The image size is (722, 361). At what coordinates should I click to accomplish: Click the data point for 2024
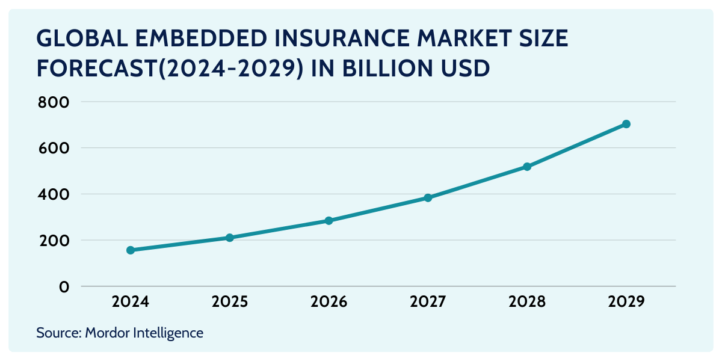[131, 250]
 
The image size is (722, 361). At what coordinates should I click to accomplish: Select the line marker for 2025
[229, 238]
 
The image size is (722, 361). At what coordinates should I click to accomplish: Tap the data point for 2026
[329, 221]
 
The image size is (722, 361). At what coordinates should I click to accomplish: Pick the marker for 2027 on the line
[428, 198]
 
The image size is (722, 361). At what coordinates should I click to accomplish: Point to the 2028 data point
[527, 167]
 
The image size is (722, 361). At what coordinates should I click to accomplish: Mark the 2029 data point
[626, 124]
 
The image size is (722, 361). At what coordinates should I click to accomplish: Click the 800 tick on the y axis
[54, 102]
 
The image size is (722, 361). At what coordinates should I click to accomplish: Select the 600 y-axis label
[54, 149]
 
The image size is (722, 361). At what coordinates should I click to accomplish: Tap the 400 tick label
[54, 195]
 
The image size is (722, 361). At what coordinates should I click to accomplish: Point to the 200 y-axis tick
[54, 241]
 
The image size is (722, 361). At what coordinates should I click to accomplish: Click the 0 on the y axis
[64, 287]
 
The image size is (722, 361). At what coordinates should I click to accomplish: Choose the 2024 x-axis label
[131, 302]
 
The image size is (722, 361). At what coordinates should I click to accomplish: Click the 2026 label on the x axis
[329, 302]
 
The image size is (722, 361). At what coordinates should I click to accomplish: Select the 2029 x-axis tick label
[626, 302]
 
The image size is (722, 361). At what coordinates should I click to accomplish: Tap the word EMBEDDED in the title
[201, 39]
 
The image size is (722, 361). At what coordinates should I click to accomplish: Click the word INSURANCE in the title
[342, 39]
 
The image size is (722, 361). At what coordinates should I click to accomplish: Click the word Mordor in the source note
[106, 333]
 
